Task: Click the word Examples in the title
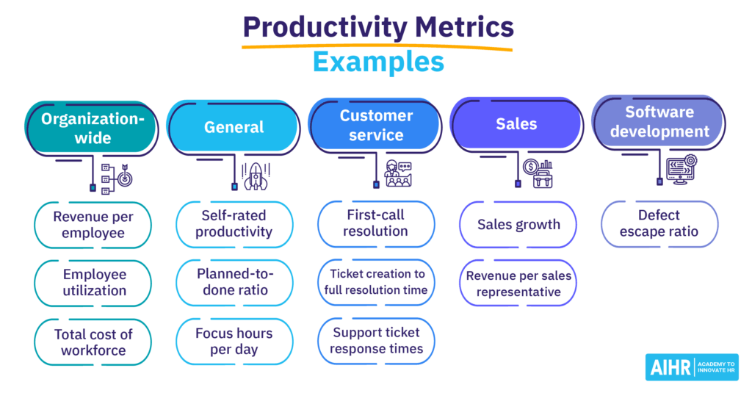[x=378, y=62]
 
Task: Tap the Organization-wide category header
[x=91, y=129]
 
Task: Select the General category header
[x=234, y=127]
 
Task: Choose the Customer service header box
[x=376, y=126]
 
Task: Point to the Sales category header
[x=516, y=124]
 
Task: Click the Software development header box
[x=659, y=122]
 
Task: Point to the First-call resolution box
[x=376, y=223]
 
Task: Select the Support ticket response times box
[x=376, y=341]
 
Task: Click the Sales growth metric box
[x=518, y=225]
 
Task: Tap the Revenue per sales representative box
[x=518, y=284]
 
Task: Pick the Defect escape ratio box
[x=659, y=223]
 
